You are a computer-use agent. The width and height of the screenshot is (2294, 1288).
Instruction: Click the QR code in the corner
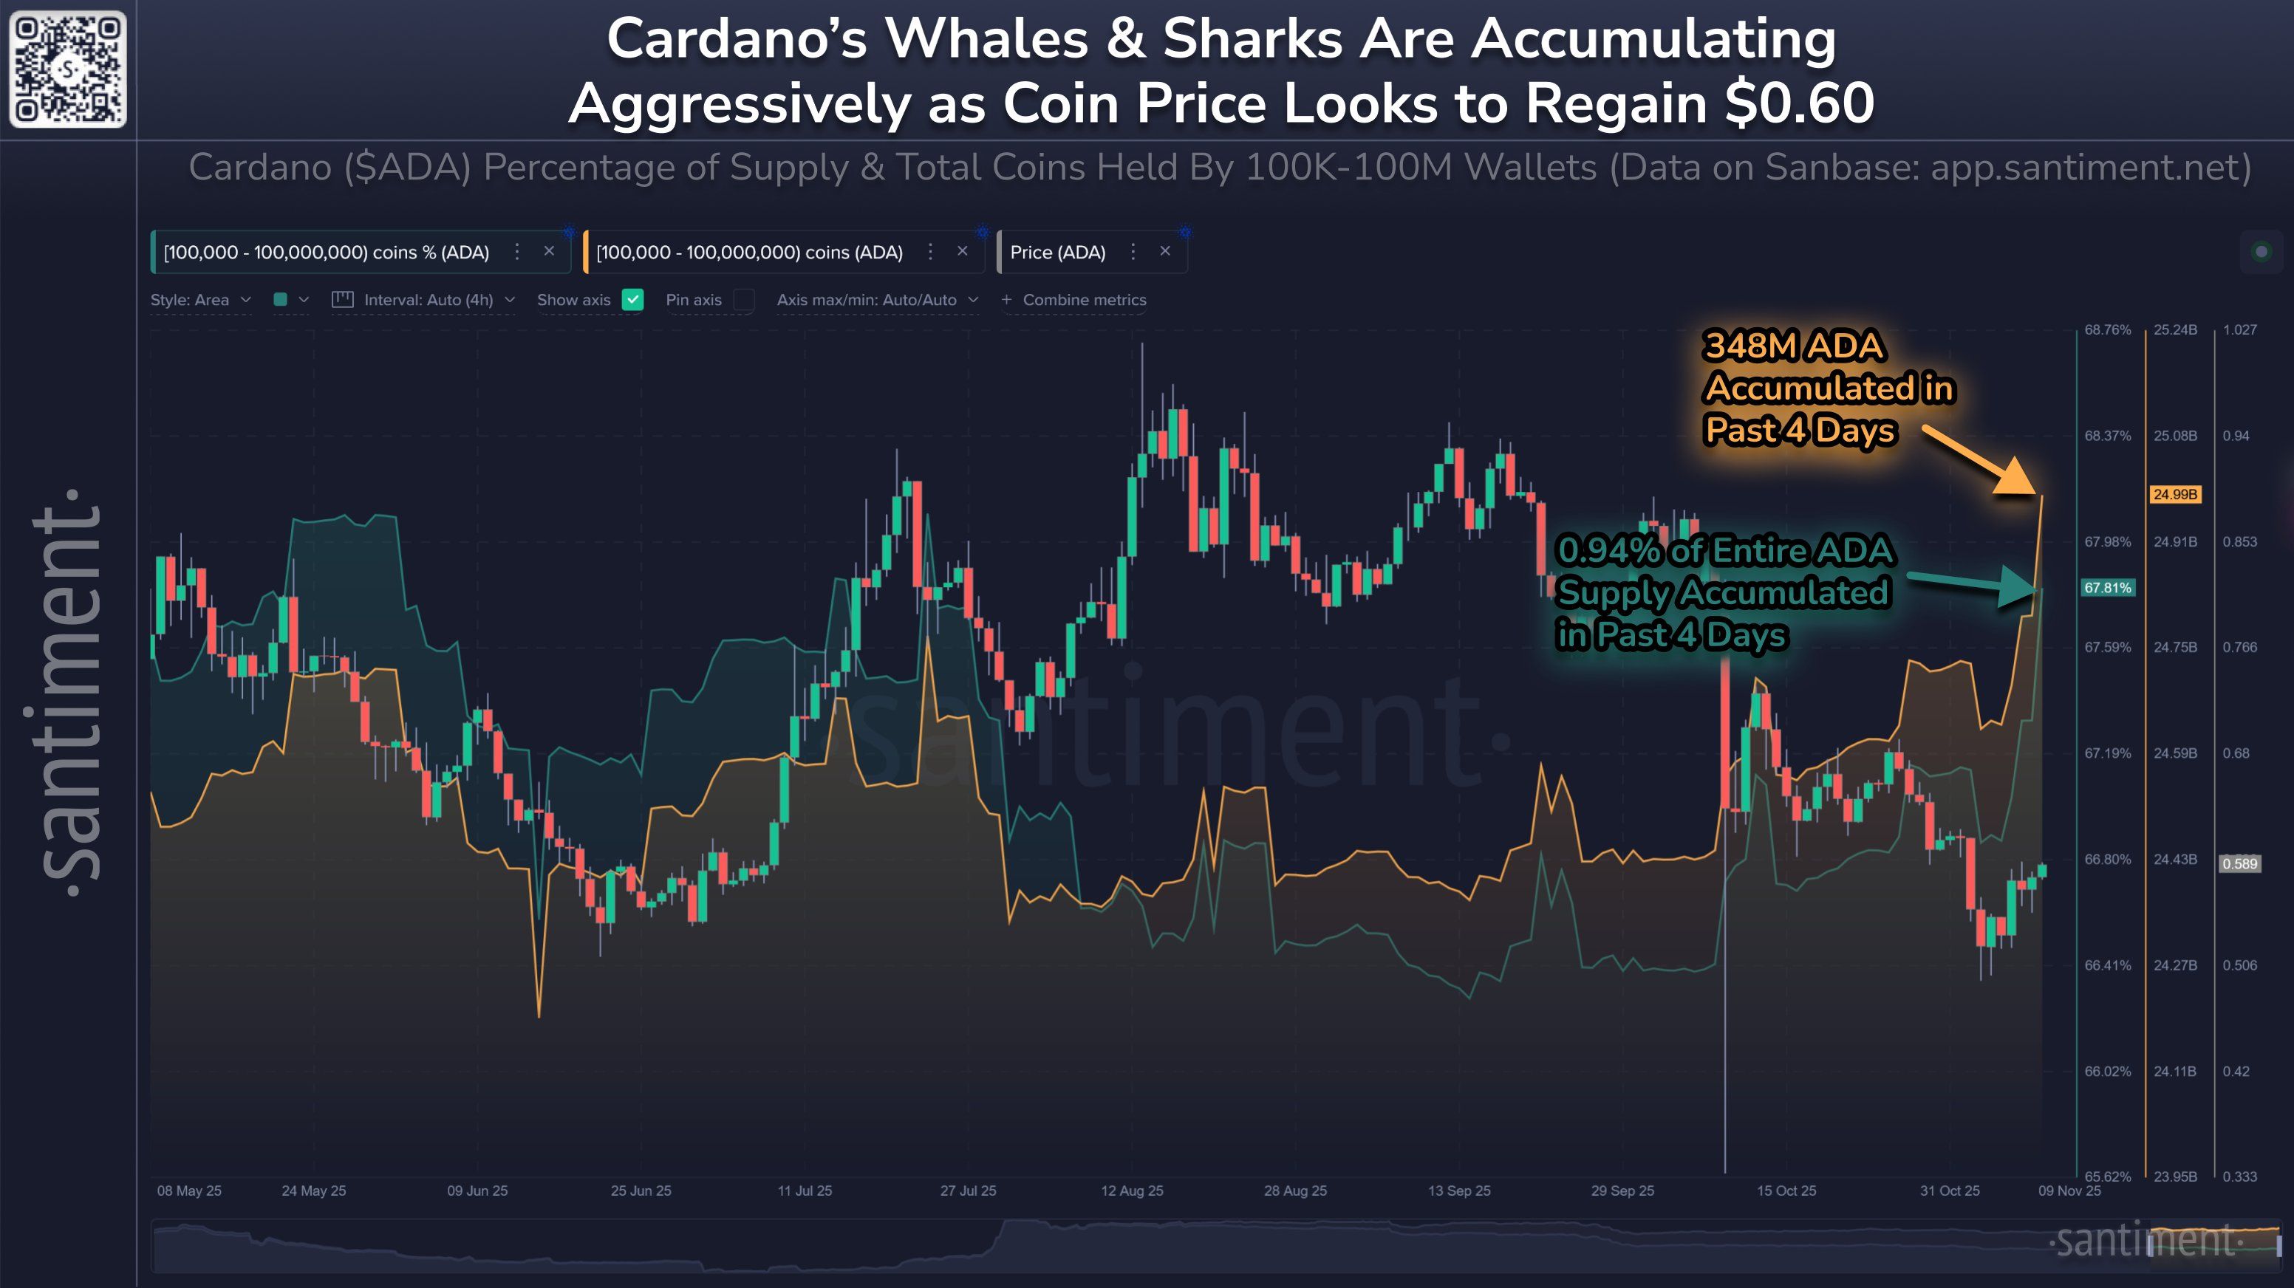[68, 69]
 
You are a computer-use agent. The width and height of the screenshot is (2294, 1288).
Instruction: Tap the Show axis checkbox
[632, 300]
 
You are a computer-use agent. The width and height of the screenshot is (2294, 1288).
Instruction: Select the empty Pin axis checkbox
[743, 300]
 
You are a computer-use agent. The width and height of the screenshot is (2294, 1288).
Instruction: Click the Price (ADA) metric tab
[1058, 252]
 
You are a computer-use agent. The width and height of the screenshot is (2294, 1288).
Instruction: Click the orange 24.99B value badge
[2174, 494]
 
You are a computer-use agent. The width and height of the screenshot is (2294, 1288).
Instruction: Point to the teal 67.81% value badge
[2107, 587]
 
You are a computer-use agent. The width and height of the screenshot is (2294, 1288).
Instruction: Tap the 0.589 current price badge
[2239, 863]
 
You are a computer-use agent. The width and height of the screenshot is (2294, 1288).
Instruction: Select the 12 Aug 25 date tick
[1132, 1190]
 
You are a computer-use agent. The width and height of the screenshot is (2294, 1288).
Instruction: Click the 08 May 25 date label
[189, 1190]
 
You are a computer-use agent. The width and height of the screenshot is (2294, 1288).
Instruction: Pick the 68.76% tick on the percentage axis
[2107, 330]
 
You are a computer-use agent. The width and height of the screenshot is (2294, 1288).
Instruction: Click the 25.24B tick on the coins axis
[2174, 330]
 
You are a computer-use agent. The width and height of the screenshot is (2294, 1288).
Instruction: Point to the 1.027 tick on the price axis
[2239, 330]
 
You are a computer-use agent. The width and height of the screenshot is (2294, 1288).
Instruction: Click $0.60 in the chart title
[1799, 103]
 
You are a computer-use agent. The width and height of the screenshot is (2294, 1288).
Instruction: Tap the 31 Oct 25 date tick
[1950, 1190]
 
